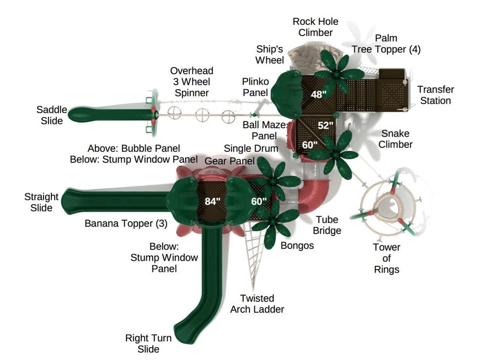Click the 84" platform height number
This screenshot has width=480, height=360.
coord(212,201)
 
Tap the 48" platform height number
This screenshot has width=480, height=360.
coord(318,94)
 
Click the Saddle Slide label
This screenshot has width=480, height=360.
coord(52,115)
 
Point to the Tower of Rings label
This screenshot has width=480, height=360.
coord(387,258)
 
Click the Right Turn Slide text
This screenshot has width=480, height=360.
coord(149,344)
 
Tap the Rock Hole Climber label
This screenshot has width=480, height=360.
coord(315,27)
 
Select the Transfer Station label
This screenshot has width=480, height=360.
coord(435,95)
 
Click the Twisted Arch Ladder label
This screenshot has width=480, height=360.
coord(257,304)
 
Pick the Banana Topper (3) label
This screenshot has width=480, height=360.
coord(126,223)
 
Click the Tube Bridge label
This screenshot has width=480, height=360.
coord(328,225)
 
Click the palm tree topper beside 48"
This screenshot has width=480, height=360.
coord(339,72)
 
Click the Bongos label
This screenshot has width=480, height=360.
coord(297,245)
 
